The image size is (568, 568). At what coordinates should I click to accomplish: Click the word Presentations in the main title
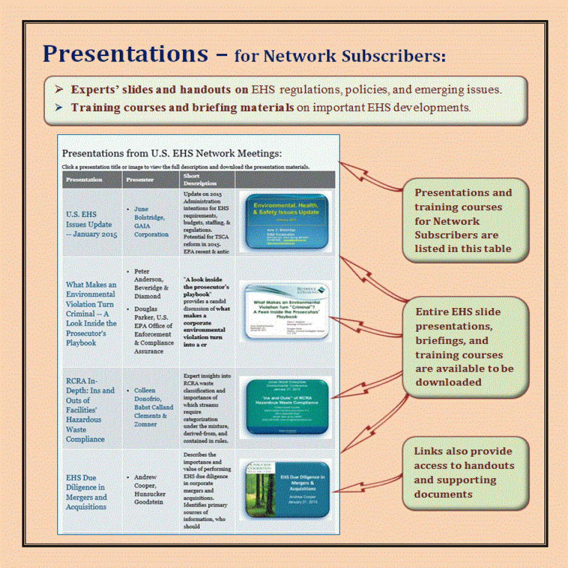[125, 54]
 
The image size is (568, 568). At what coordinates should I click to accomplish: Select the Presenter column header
[140, 180]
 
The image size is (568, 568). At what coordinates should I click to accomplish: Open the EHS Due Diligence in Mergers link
[86, 492]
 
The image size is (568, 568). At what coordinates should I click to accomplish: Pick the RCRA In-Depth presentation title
[90, 409]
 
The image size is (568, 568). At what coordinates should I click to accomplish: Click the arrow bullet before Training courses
[59, 108]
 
